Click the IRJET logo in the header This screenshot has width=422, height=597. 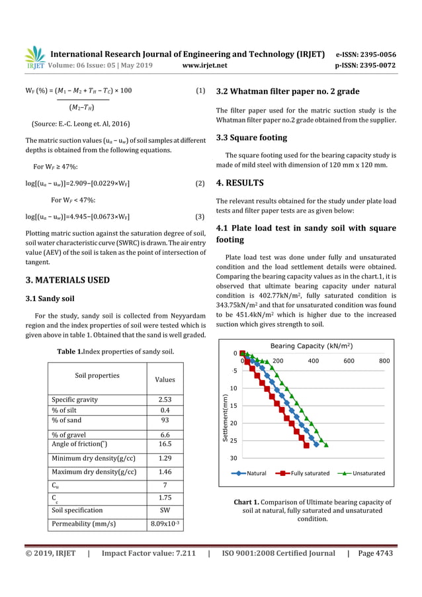point(34,57)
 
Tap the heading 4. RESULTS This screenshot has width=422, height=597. point(240,183)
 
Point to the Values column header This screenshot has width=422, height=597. point(165,380)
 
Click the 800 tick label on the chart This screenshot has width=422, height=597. point(384,361)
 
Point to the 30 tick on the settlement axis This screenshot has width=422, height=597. point(233,458)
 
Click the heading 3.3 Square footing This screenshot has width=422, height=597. point(251,138)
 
